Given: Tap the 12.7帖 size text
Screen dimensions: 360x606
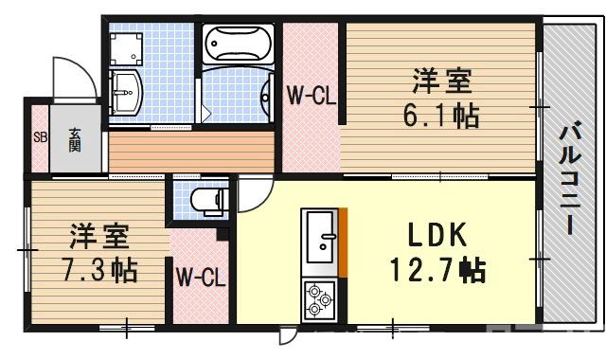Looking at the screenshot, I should [438, 272].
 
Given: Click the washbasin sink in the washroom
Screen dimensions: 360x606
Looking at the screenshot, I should [124, 92].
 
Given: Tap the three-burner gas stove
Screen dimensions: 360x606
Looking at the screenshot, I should [319, 300].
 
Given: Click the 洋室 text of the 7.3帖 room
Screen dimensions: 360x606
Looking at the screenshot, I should [96, 233].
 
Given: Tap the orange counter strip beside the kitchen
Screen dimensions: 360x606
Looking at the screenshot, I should [345, 242].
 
